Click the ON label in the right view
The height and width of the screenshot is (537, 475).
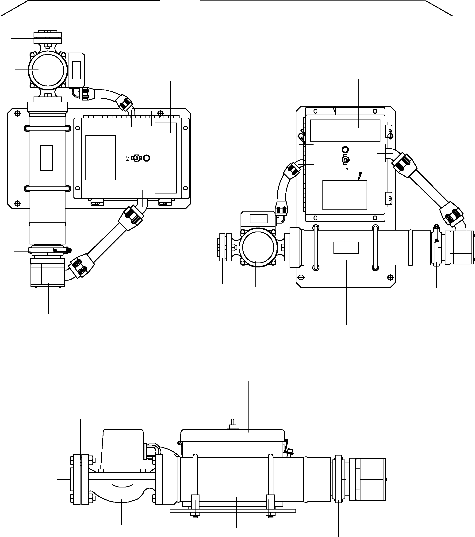[x=345, y=169]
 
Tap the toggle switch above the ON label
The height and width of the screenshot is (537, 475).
[x=345, y=159]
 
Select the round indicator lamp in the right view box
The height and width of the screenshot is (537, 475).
[x=345, y=150]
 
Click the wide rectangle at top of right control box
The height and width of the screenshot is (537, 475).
[x=345, y=131]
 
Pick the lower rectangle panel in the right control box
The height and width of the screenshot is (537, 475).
[x=345, y=195]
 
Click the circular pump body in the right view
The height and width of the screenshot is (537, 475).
[x=258, y=247]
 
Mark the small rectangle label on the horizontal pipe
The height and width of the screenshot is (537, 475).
[x=346, y=248]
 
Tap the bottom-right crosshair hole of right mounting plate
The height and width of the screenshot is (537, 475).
[x=390, y=277]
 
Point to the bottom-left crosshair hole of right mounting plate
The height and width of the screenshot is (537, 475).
[x=301, y=277]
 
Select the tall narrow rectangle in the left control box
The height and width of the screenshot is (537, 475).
[x=166, y=158]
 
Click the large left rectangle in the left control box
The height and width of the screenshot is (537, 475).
[x=101, y=158]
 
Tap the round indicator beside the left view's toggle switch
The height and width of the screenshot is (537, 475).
[x=147, y=158]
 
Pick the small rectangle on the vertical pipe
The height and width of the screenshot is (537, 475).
[x=47, y=158]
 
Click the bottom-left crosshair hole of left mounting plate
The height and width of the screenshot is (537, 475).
[x=17, y=203]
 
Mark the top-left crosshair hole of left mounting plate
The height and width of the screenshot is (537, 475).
[x=17, y=113]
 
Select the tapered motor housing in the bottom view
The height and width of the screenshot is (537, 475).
[x=123, y=448]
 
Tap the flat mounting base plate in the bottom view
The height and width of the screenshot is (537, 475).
[x=233, y=511]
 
